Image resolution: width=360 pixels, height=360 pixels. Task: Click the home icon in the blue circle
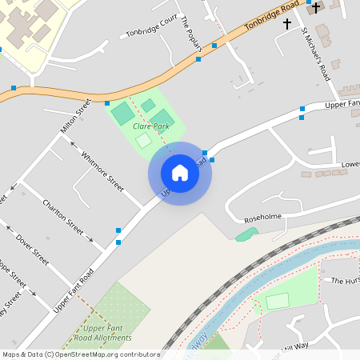pyautogui.click(x=180, y=172)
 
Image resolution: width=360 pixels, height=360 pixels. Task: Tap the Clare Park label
pyautogui.click(x=150, y=126)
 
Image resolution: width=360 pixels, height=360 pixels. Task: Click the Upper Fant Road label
pyautogui.click(x=74, y=290)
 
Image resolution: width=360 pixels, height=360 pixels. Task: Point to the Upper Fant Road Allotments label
pyautogui.click(x=107, y=334)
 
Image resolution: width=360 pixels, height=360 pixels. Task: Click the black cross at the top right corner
pyautogui.click(x=316, y=9)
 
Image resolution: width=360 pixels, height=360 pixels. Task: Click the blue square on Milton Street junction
pyautogui.click(x=106, y=102)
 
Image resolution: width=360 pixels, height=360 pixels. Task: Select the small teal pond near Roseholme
pyautogui.click(x=247, y=234)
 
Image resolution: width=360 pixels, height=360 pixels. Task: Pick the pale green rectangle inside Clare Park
pyautogui.click(x=142, y=141)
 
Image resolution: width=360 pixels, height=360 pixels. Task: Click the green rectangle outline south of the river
pyautogui.click(x=277, y=302)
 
